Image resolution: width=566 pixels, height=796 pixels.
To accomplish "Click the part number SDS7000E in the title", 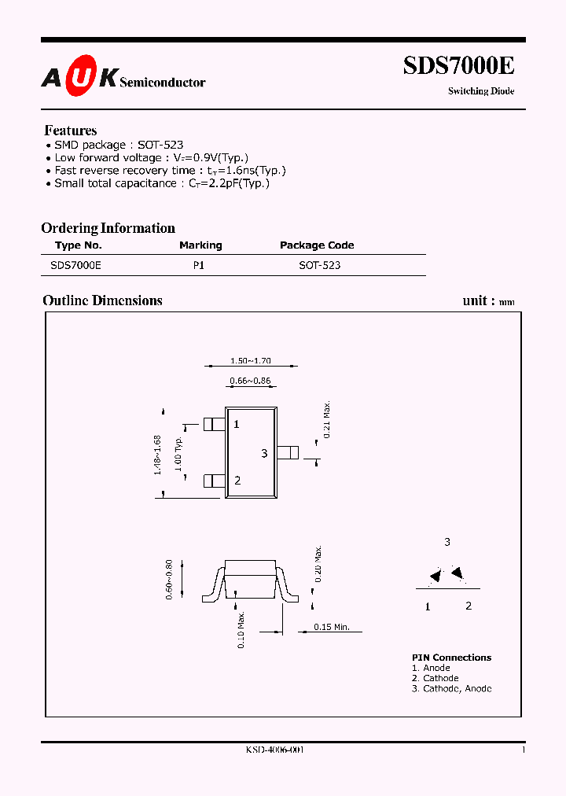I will [458, 66].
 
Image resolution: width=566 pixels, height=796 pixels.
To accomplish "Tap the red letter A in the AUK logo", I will [51, 77].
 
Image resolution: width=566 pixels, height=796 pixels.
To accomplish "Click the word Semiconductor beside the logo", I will [163, 82].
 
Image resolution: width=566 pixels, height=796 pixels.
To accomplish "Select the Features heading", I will [71, 131].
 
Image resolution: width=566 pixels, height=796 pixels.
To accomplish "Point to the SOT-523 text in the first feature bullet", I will [160, 145].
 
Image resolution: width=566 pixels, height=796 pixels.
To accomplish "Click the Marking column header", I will [200, 245].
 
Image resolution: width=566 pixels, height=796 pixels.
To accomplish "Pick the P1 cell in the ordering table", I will [199, 266].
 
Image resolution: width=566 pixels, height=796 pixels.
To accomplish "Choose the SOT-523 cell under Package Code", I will [320, 266].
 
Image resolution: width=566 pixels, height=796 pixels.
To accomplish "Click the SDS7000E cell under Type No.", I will [75, 266].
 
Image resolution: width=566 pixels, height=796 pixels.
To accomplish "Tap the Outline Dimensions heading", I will [102, 300].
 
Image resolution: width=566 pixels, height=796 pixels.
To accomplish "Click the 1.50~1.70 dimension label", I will [250, 361].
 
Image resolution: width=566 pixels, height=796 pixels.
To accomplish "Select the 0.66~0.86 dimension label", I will [250, 381].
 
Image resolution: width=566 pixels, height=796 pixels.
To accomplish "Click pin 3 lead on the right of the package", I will [289, 452].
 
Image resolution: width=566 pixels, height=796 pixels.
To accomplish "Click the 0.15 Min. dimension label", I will [332, 627].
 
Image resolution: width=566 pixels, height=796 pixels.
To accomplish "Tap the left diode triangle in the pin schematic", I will [435, 577].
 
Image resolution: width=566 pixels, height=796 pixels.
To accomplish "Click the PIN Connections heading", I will [451, 658].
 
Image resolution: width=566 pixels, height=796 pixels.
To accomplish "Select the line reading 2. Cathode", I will [435, 678].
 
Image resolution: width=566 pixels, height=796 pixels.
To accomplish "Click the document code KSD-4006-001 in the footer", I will [274, 750].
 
